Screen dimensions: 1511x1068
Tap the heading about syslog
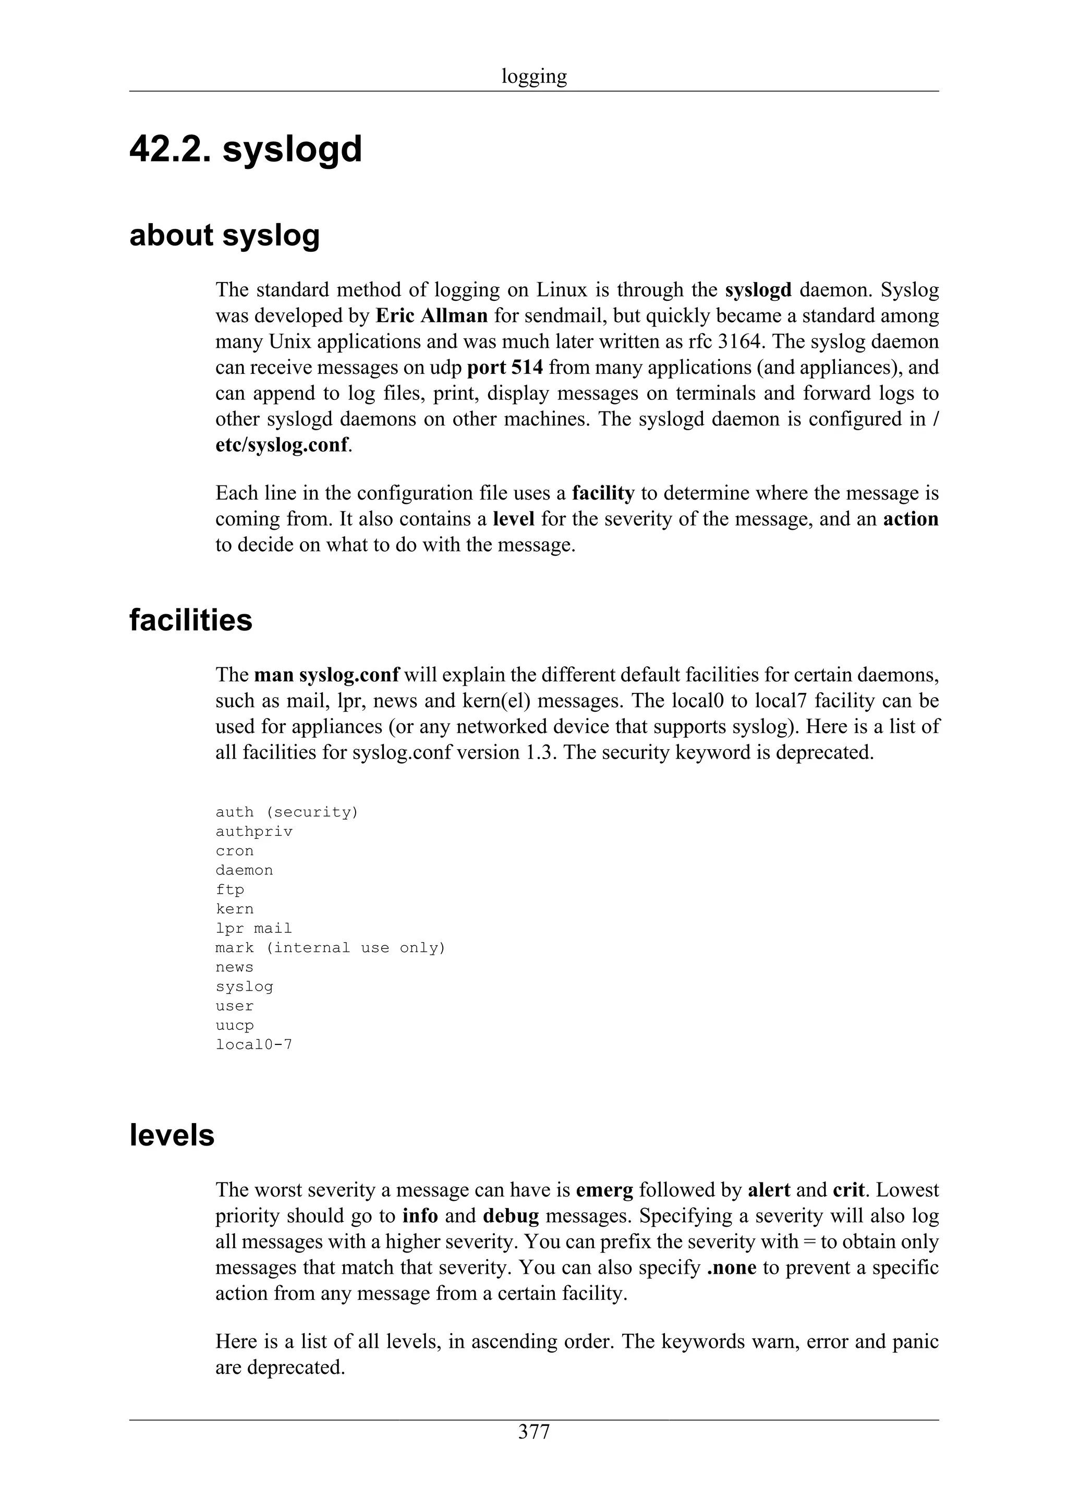pyautogui.click(x=224, y=236)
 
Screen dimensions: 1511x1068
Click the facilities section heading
pyautogui.click(x=191, y=620)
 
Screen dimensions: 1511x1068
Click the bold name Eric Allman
pyautogui.click(x=432, y=316)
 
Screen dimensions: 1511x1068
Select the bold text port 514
pyautogui.click(x=505, y=367)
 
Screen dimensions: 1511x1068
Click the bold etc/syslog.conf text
pyautogui.click(x=282, y=445)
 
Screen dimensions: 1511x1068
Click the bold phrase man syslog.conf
pyautogui.click(x=327, y=675)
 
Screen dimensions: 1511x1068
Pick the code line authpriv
pyautogui.click(x=254, y=832)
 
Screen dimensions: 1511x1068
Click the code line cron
pyautogui.click(x=234, y=851)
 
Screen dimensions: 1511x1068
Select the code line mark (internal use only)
pyautogui.click(x=330, y=948)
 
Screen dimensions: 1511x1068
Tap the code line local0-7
pyautogui.click(x=254, y=1044)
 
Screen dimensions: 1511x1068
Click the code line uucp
pyautogui.click(x=234, y=1025)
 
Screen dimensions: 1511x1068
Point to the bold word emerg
pyautogui.click(x=604, y=1190)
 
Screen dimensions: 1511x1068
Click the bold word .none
pyautogui.click(x=731, y=1268)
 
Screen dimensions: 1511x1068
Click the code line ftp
pyautogui.click(x=229, y=889)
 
